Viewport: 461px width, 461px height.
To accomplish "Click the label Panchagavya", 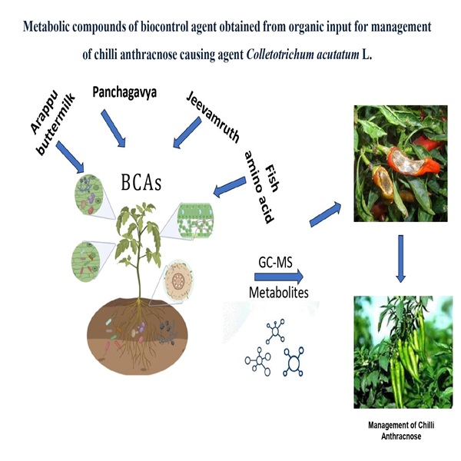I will [125, 92].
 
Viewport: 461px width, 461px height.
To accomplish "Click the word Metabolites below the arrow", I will [277, 292].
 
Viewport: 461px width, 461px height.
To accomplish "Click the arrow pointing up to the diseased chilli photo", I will [327, 214].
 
